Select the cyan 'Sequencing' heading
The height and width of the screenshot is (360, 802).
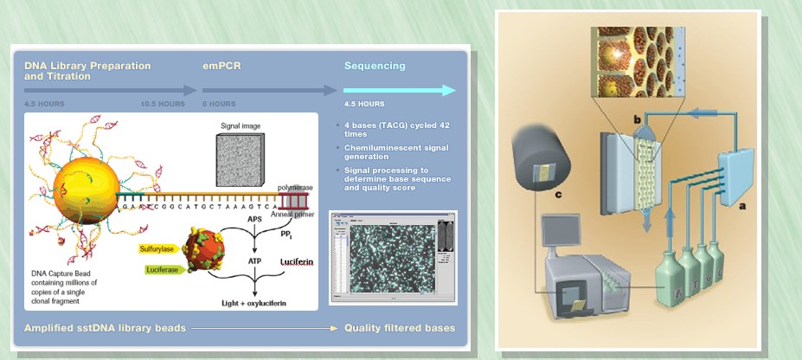(375, 66)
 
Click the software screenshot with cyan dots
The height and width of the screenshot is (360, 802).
(393, 257)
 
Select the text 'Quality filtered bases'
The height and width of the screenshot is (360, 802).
(399, 328)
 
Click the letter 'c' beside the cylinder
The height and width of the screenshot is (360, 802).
(559, 196)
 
